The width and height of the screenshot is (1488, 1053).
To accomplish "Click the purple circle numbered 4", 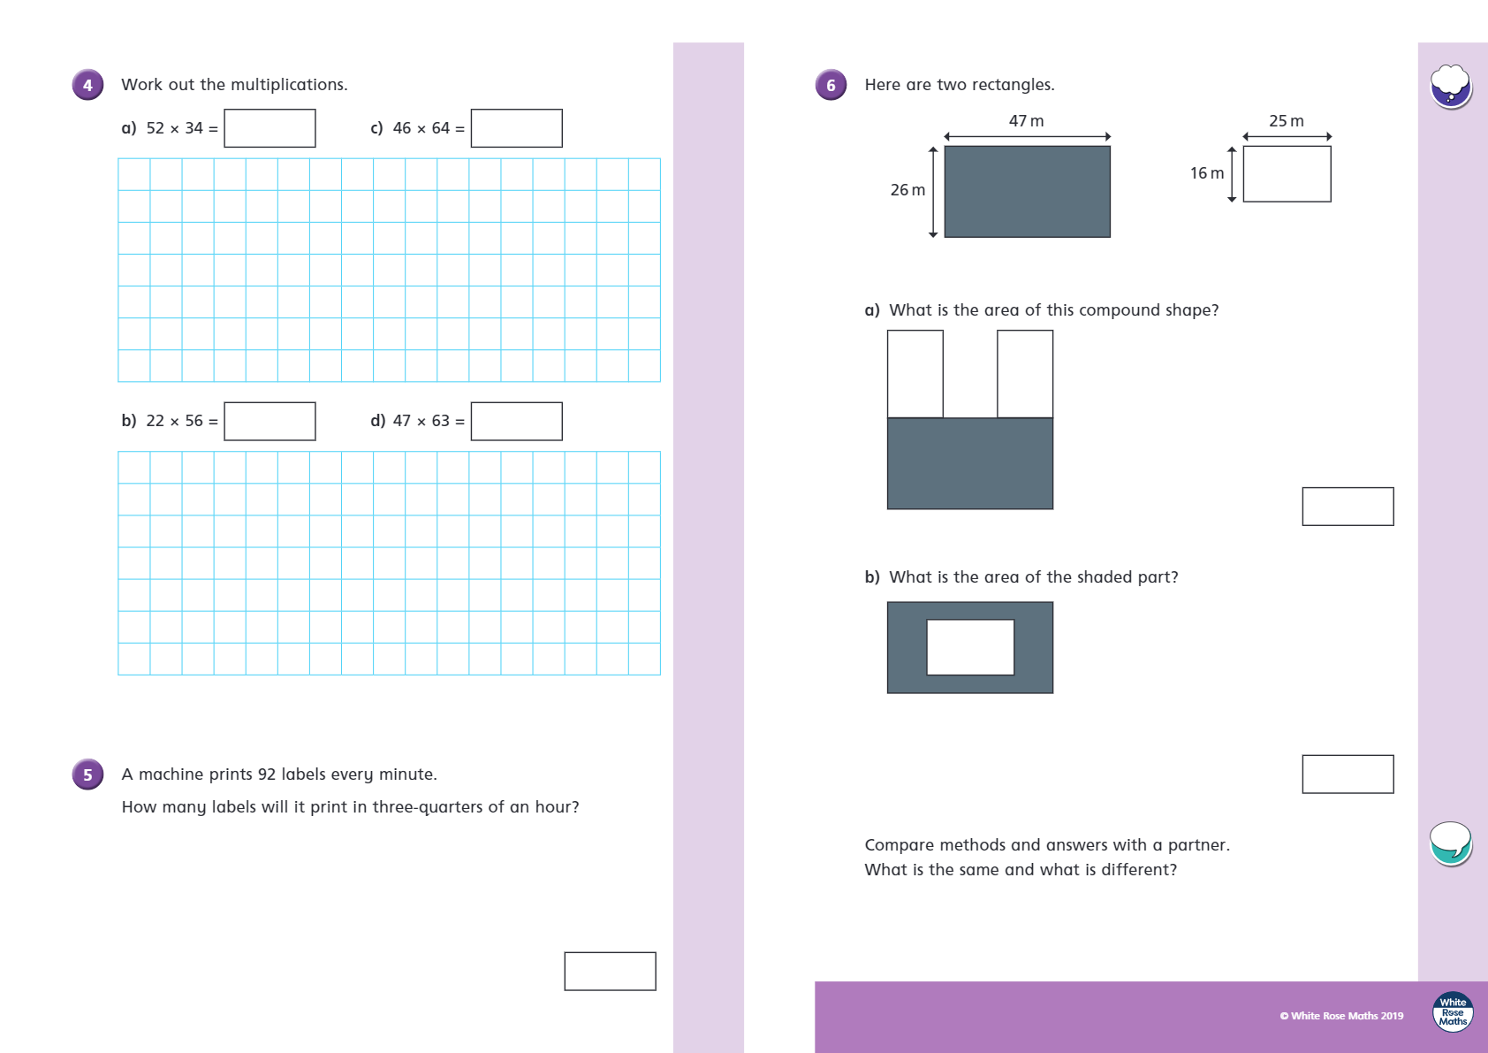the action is [87, 85].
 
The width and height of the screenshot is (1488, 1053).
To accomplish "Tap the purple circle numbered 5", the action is [87, 774].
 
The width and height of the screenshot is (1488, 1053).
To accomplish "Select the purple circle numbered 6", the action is [831, 85].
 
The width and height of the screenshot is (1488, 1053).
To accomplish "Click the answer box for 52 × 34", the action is [270, 128].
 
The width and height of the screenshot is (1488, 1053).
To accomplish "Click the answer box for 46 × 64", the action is [517, 128].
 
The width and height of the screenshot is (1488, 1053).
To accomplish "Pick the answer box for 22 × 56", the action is [270, 422].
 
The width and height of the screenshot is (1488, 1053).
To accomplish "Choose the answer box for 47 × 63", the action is [517, 422].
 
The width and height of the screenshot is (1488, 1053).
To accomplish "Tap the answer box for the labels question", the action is [611, 972].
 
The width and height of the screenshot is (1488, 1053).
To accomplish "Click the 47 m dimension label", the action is [1027, 121].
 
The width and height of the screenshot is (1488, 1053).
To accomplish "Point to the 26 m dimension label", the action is [907, 190].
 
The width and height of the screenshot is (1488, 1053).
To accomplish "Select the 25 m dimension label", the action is [1287, 121].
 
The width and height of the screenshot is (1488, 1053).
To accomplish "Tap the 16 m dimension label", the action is [1207, 173].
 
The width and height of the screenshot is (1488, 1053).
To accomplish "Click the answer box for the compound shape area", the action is [1348, 507].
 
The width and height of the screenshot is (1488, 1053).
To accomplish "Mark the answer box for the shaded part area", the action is [1348, 774].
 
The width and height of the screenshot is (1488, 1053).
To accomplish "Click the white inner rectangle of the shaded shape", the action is [970, 647].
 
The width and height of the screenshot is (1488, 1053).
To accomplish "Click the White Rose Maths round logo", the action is [1453, 1011].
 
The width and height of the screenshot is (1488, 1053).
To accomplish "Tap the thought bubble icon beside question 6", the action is [1451, 87].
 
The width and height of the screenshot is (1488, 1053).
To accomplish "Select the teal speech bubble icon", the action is [1451, 843].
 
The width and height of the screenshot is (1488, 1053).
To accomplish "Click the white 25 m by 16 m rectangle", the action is [1287, 174].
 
